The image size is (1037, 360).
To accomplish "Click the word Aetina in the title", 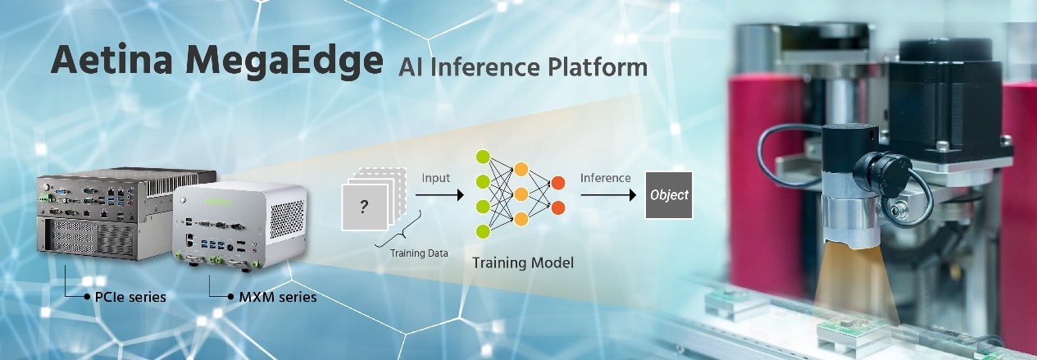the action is (111, 60).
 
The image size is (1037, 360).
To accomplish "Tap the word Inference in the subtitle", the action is (485, 67).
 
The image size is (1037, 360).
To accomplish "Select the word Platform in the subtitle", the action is (598, 67).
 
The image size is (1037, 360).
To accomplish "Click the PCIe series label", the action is (130, 297).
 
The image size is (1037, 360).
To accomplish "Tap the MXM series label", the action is (278, 297).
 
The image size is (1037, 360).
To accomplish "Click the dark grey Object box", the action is (669, 195).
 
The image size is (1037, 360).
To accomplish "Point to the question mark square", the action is (364, 207).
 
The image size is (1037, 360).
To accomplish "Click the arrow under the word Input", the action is (439, 195).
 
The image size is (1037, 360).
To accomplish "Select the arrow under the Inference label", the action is (608, 195).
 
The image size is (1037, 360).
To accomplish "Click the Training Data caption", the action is (419, 253).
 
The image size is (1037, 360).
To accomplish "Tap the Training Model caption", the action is (523, 263).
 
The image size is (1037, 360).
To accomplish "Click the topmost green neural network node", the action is (483, 157).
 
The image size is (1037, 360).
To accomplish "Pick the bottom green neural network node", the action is (483, 231).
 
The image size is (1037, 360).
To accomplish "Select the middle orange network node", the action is (521, 194).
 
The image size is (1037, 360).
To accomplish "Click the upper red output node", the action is (558, 183).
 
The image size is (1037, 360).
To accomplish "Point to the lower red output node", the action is (558, 207).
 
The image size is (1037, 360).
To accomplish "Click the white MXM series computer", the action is (239, 226).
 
